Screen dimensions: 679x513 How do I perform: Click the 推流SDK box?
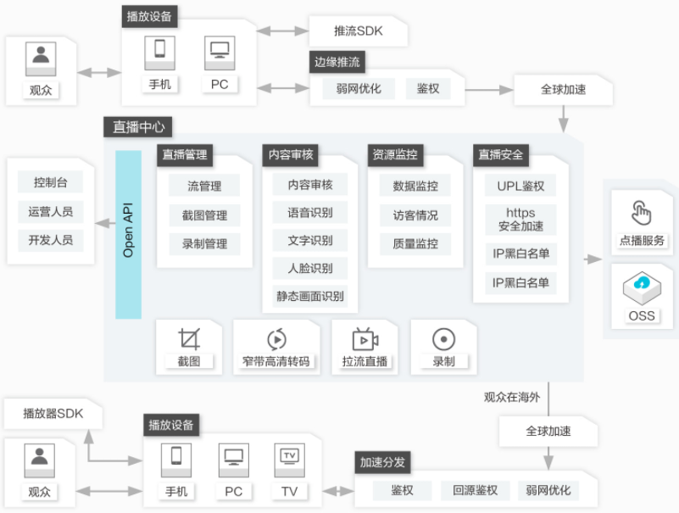[x=358, y=31]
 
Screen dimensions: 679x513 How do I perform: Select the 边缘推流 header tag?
[x=337, y=62]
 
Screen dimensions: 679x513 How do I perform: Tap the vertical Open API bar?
[x=128, y=234]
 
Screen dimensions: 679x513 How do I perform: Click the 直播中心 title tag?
[x=138, y=127]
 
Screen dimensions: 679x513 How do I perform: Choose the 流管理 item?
[x=204, y=186]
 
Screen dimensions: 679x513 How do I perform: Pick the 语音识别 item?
[x=310, y=213]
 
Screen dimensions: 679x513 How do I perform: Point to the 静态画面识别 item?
[x=310, y=297]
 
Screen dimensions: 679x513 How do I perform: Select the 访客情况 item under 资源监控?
[x=415, y=215]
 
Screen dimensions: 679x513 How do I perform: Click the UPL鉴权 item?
[x=520, y=186]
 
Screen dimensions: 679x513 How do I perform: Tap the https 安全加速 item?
[x=520, y=220]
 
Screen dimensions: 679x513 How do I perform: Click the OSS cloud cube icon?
[x=642, y=287]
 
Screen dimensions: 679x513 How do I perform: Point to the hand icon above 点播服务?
[x=642, y=212]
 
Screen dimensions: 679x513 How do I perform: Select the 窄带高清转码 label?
[x=275, y=361]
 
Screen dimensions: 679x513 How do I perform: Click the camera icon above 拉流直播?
[x=365, y=339]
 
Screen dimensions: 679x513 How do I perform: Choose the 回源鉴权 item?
[x=475, y=490]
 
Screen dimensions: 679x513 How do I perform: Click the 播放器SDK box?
[x=53, y=414]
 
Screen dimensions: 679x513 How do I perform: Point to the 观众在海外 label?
[x=512, y=398]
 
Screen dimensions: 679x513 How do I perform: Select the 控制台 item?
[x=50, y=182]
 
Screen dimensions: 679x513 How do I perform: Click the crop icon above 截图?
[x=189, y=339]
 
